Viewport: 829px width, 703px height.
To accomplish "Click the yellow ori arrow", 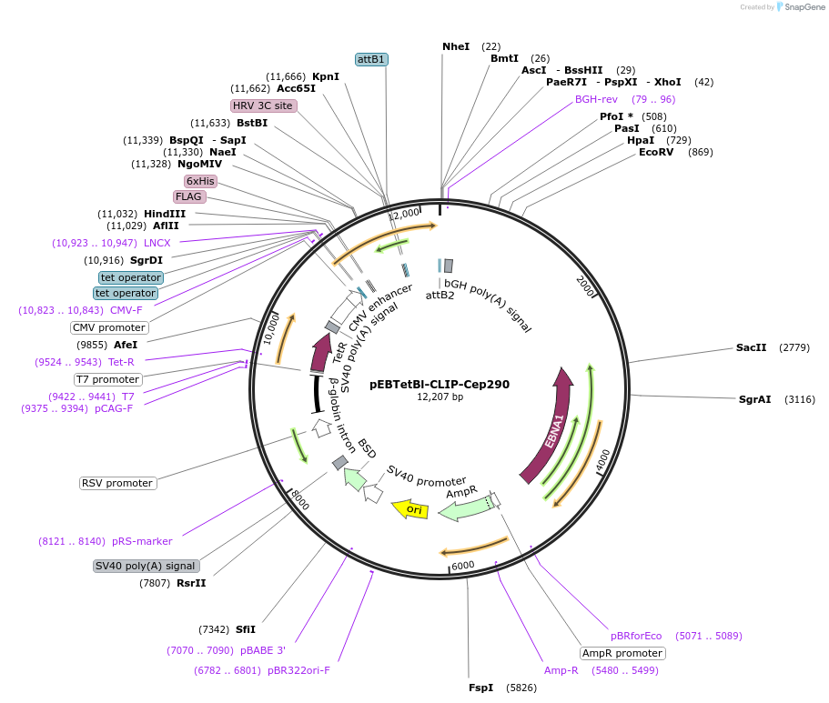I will point(410,509).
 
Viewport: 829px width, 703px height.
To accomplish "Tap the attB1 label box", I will point(371,59).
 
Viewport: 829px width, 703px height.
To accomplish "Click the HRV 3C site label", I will point(263,105).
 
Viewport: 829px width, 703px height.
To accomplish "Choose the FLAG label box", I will point(189,196).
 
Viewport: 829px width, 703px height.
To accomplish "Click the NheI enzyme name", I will point(456,46).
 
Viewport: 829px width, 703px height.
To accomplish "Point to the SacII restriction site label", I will point(752,347).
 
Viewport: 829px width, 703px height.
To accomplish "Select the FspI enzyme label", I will point(480,688).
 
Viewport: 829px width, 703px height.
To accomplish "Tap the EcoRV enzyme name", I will point(656,152).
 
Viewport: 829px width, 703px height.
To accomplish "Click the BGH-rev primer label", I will point(596,99).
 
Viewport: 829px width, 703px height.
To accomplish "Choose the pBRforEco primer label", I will point(636,636).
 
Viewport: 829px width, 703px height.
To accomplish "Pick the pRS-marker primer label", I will point(142,541).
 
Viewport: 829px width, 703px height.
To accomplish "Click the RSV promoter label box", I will point(117,483).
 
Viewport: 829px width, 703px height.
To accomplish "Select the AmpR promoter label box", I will point(622,653).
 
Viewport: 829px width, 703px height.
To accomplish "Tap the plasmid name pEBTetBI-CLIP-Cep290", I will point(440,384).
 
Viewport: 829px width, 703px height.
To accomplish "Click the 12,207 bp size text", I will point(440,397).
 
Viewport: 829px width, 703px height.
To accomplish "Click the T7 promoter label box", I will point(107,379).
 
